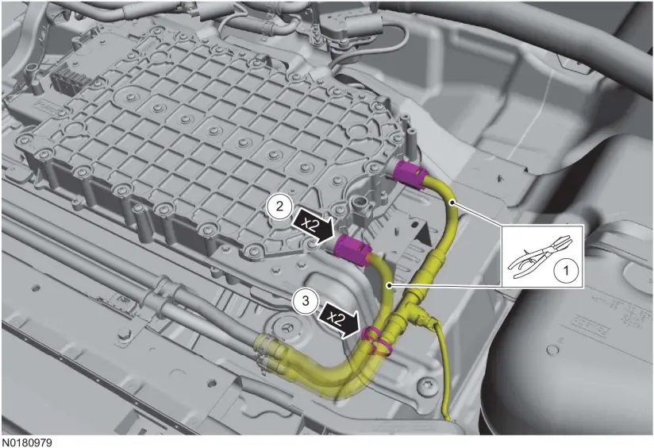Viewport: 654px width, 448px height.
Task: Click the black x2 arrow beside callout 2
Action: click(310, 223)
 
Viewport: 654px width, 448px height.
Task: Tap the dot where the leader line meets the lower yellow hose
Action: click(388, 284)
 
